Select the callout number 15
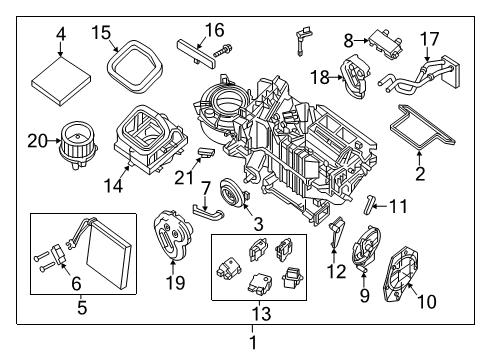coord(101,33)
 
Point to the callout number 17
coord(428,41)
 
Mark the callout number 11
coord(399,207)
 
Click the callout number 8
coord(348,41)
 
